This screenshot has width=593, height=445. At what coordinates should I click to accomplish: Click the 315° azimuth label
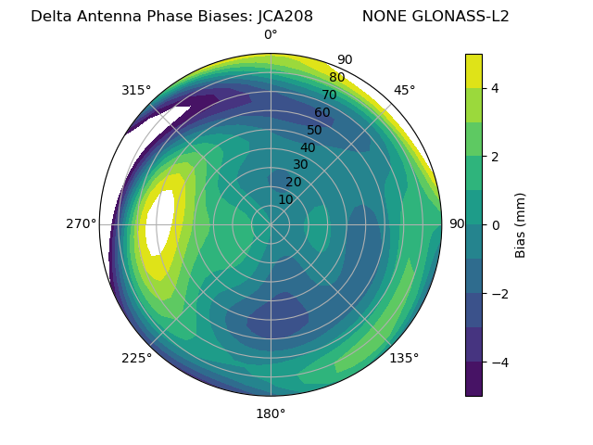pyautogui.click(x=136, y=90)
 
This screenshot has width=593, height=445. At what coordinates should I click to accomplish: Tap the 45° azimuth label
pyautogui.click(x=404, y=90)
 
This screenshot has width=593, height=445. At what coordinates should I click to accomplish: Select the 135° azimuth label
pyautogui.click(x=404, y=358)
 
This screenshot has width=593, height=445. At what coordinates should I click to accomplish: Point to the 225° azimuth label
pyautogui.click(x=136, y=358)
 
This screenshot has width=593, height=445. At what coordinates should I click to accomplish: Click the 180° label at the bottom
pyautogui.click(x=271, y=413)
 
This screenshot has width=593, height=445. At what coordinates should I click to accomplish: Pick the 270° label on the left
pyautogui.click(x=81, y=223)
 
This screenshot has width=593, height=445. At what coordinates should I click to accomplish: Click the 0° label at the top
pyautogui.click(x=271, y=35)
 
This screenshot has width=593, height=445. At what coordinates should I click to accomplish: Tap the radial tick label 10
pyautogui.click(x=285, y=199)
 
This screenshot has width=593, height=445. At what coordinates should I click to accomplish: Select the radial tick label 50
pyautogui.click(x=315, y=131)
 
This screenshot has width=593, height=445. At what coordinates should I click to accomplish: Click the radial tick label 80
pyautogui.click(x=337, y=78)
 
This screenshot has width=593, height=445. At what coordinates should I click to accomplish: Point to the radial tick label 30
pyautogui.click(x=300, y=165)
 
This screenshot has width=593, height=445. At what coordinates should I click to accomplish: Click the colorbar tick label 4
pyautogui.click(x=496, y=88)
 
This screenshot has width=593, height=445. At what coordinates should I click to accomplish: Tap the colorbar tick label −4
pyautogui.click(x=499, y=362)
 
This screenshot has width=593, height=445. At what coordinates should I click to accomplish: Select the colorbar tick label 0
pyautogui.click(x=496, y=225)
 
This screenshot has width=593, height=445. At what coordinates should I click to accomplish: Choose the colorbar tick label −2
pyautogui.click(x=499, y=294)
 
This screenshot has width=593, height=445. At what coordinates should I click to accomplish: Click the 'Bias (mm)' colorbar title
pyautogui.click(x=521, y=225)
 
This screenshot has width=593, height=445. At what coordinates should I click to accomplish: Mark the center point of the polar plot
pyautogui.click(x=271, y=224)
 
